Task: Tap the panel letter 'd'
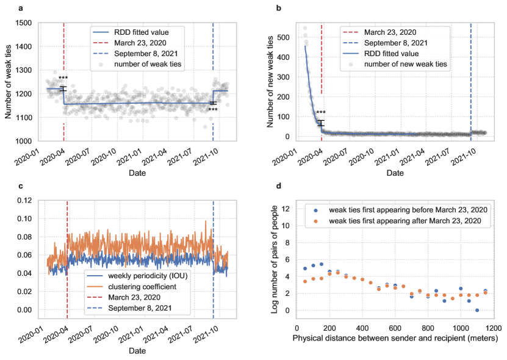[279, 186]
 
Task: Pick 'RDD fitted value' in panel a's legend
[134, 32]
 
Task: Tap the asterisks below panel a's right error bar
[213, 110]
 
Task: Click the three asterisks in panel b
[321, 113]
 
